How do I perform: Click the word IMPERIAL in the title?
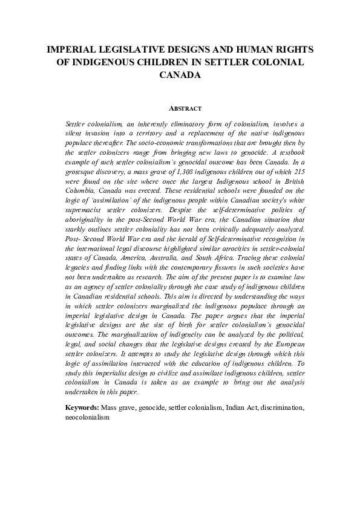tap(70, 50)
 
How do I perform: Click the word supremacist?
tap(85, 213)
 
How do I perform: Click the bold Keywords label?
tap(82, 408)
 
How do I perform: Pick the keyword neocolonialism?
tap(88, 417)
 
